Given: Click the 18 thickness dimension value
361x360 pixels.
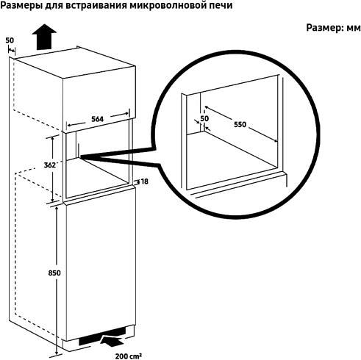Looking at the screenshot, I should click(x=144, y=181).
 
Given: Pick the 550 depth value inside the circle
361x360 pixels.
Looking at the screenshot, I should click(x=240, y=125).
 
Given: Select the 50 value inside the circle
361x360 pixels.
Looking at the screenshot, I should click(x=204, y=118).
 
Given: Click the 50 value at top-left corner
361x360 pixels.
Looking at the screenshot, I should click(x=10, y=40).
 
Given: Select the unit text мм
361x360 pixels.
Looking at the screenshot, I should click(x=351, y=27).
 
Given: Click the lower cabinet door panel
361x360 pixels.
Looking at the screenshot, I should click(x=98, y=264).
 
